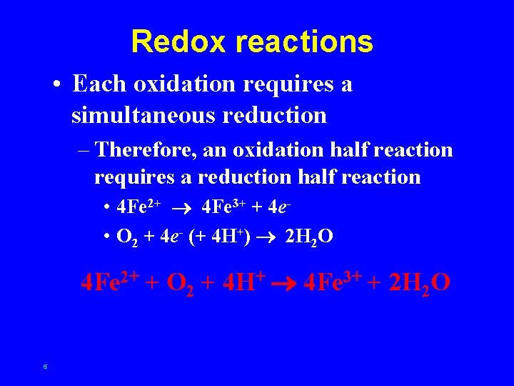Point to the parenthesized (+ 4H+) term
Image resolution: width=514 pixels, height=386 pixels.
pos(218,237)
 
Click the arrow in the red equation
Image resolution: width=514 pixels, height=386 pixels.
pos(287,283)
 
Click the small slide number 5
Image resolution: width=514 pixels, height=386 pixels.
pos(44,367)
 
